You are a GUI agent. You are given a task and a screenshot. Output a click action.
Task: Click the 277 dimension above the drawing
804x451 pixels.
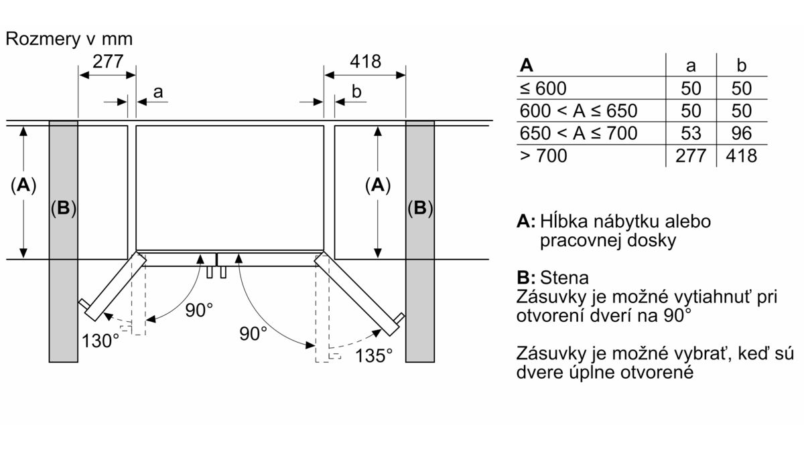tap(107, 62)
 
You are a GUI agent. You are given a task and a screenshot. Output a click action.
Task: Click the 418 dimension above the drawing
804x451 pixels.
tap(365, 62)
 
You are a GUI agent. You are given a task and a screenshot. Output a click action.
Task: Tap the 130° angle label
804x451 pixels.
tap(100, 340)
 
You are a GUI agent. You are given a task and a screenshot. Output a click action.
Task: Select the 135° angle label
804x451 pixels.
tap(374, 355)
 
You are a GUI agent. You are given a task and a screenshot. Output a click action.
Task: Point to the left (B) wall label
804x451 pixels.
tap(63, 208)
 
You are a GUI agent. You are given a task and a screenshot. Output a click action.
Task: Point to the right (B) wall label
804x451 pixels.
tap(420, 208)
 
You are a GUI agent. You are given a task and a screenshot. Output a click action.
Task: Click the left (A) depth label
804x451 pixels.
tap(23, 187)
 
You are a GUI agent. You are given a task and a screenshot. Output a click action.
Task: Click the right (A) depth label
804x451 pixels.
tap(378, 187)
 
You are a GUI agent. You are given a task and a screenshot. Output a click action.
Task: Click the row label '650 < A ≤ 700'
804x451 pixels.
tap(578, 133)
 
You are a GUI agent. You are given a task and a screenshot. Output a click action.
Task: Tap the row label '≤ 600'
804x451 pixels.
tap(542, 88)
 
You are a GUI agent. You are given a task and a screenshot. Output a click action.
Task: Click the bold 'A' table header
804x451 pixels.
tap(527, 66)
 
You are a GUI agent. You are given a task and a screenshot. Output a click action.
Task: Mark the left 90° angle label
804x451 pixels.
tap(199, 310)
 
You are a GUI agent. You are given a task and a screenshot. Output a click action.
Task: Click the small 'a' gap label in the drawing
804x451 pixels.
tap(157, 92)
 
